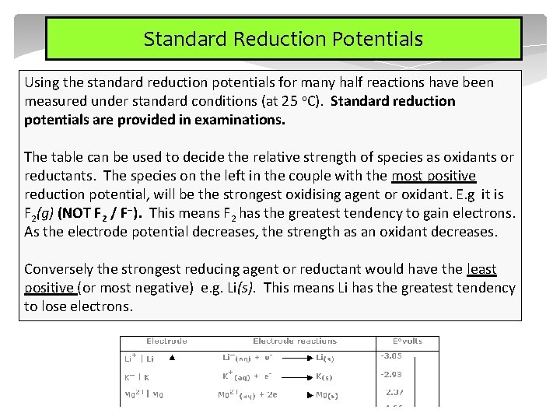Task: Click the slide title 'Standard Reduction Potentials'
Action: coord(283,39)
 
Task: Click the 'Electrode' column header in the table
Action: coord(166,341)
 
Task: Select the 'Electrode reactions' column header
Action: coord(295,341)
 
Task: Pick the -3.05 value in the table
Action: coord(390,356)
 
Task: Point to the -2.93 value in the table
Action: coord(390,374)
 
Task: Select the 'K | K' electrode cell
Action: coord(137,377)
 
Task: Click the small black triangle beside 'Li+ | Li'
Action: coord(173,359)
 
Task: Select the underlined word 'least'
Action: coord(481,269)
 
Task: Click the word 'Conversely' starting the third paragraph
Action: coord(58,269)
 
